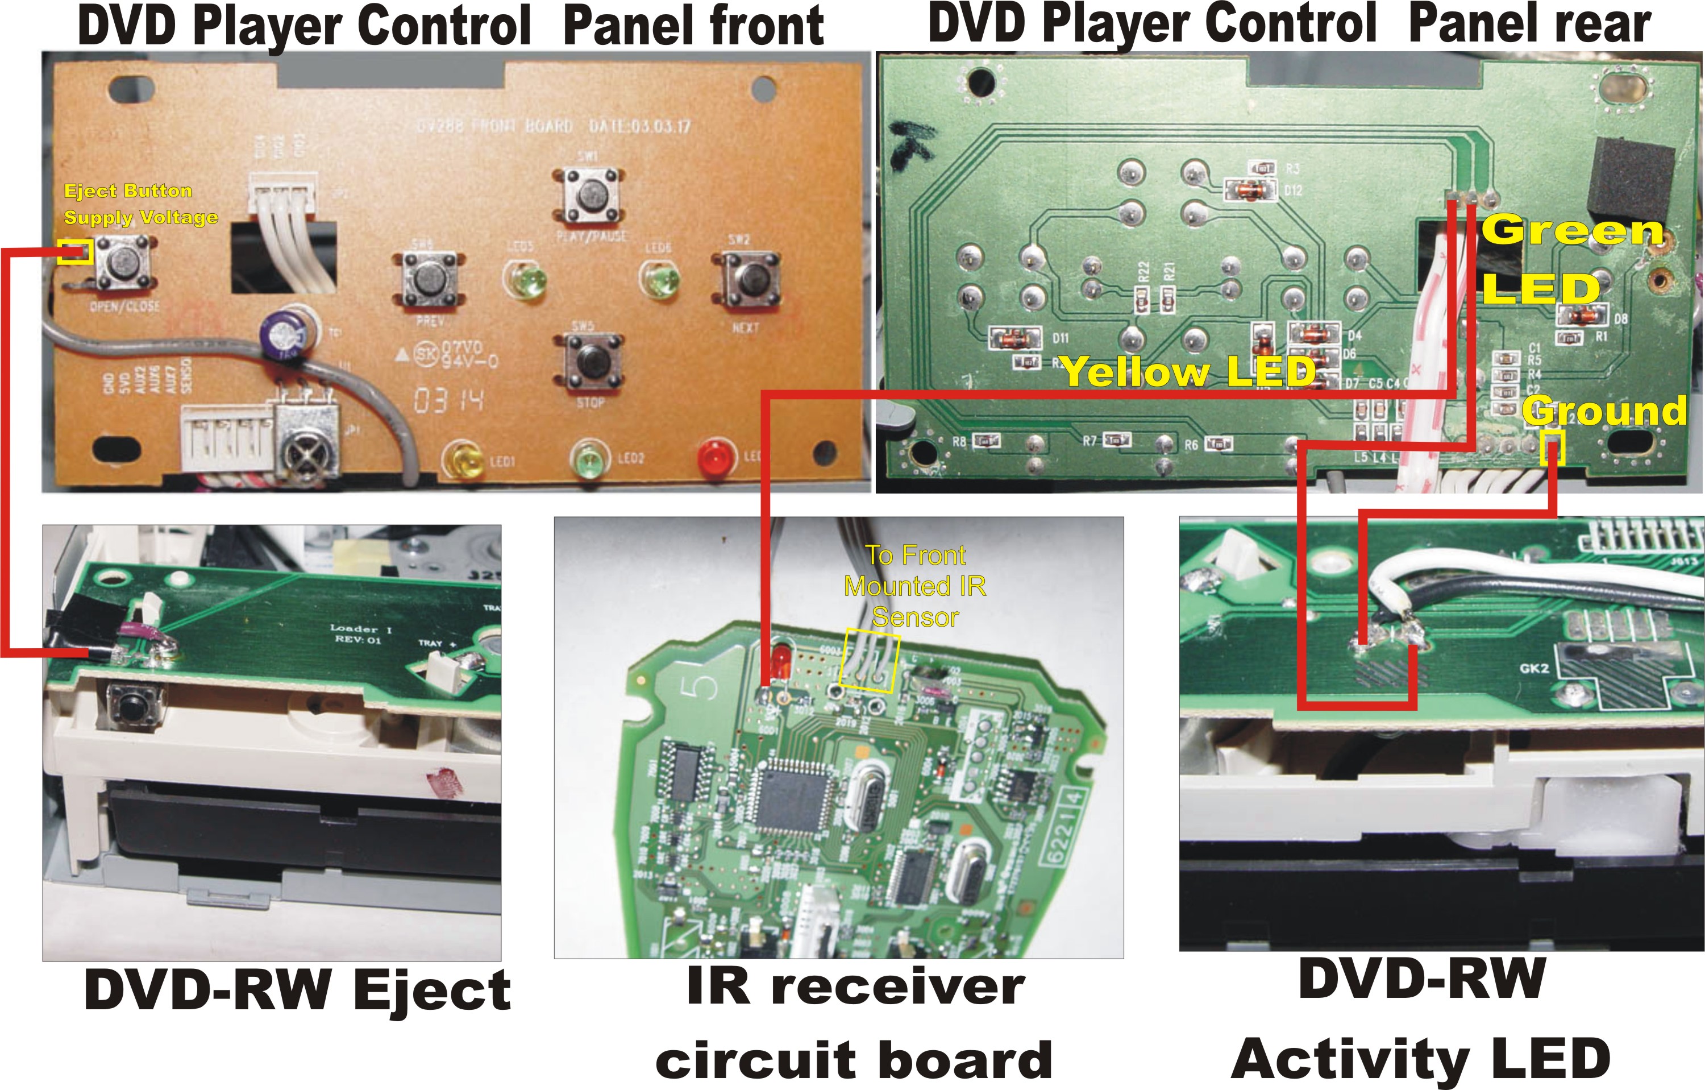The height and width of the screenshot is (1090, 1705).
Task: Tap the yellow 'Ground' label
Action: pos(1603,411)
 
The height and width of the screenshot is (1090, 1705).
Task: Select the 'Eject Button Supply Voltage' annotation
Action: pos(140,204)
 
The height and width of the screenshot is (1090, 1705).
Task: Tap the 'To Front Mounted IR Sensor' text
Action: pos(915,586)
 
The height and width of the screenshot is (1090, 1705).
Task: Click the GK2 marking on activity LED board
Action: pos(1534,668)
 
